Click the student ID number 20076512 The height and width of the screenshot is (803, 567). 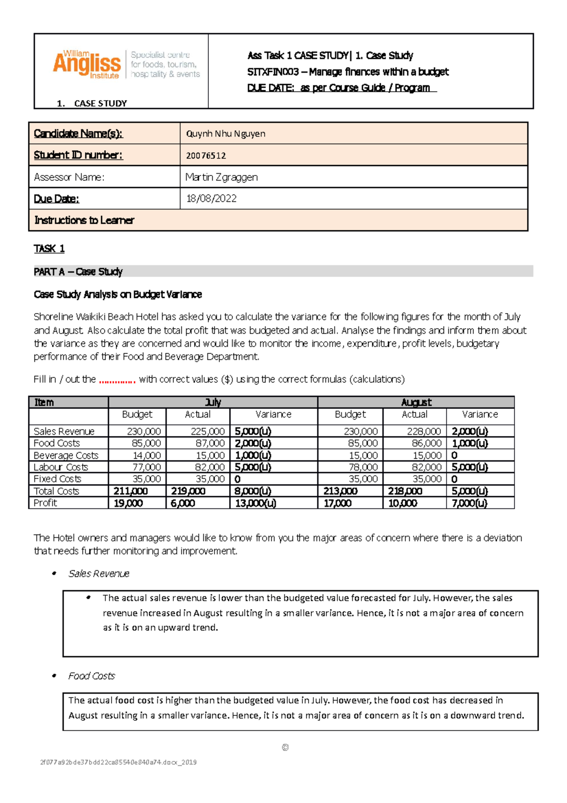pos(206,156)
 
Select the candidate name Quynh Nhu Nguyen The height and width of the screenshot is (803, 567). pos(225,134)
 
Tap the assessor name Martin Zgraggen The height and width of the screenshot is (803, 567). pos(221,177)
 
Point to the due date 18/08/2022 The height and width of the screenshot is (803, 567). pos(211,199)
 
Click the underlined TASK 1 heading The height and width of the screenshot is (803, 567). pos(49,249)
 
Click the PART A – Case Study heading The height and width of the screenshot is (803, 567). pos(78,272)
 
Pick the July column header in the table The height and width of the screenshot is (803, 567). pos(213,402)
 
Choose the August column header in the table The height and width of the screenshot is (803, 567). pos(416,402)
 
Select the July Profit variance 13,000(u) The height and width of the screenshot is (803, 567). pos(256,503)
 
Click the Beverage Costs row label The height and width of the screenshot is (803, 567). pos(66,455)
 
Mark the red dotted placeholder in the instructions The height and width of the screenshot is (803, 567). pos(117,380)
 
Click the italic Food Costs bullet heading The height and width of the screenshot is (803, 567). pos(91,676)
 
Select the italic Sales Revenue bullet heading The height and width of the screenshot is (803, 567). pos(99,574)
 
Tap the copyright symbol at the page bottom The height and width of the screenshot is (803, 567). pos(285,748)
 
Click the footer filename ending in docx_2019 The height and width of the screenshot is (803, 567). pos(118,762)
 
